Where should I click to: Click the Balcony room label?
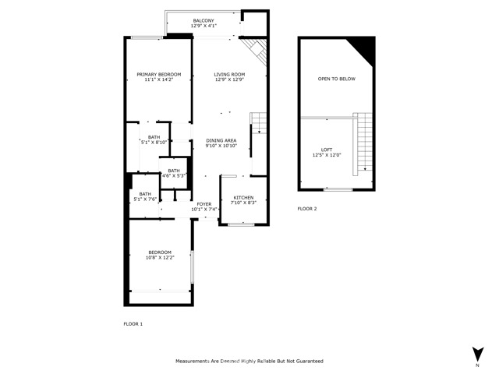pos(203,21)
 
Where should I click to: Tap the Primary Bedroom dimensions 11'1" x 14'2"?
pos(159,79)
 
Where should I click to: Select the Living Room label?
pos(229,75)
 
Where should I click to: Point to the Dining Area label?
pos(221,140)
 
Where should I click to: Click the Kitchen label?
pos(243,197)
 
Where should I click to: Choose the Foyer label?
pos(204,204)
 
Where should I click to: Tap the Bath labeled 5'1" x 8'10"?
pos(154,140)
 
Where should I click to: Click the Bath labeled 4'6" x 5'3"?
pos(174,173)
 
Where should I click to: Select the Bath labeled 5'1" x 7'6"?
pos(145,196)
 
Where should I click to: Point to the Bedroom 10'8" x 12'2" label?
pos(160,255)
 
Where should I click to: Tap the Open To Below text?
pos(336,79)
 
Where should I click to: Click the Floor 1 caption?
pos(133,324)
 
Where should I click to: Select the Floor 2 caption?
pos(307,209)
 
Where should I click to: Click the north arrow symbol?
pos(478,354)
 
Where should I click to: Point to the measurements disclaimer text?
pos(249,361)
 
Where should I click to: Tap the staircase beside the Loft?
pos(363,144)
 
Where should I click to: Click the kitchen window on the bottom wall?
pos(241,224)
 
